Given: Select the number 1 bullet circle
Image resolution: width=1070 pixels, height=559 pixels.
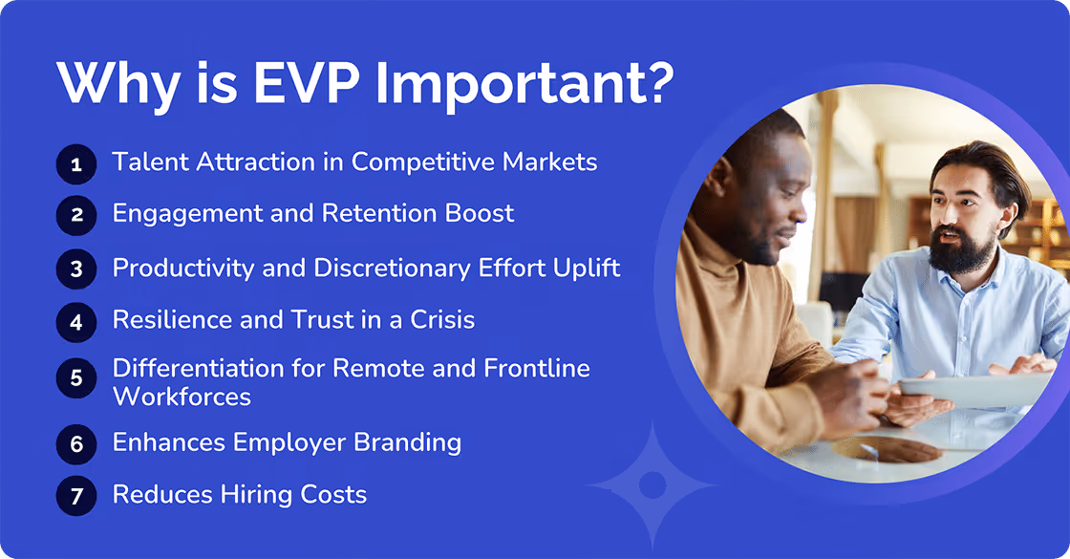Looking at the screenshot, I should tap(76, 164).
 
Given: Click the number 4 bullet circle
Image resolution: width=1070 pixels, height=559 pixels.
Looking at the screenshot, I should tap(76, 320).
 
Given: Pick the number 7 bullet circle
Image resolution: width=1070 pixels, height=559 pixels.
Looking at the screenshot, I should tap(76, 496).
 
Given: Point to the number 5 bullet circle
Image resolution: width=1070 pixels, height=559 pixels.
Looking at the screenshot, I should tap(76, 379).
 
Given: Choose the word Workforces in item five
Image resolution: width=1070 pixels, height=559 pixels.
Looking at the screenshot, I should tap(182, 396).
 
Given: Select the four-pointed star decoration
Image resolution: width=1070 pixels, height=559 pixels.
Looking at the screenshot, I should tap(653, 484).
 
